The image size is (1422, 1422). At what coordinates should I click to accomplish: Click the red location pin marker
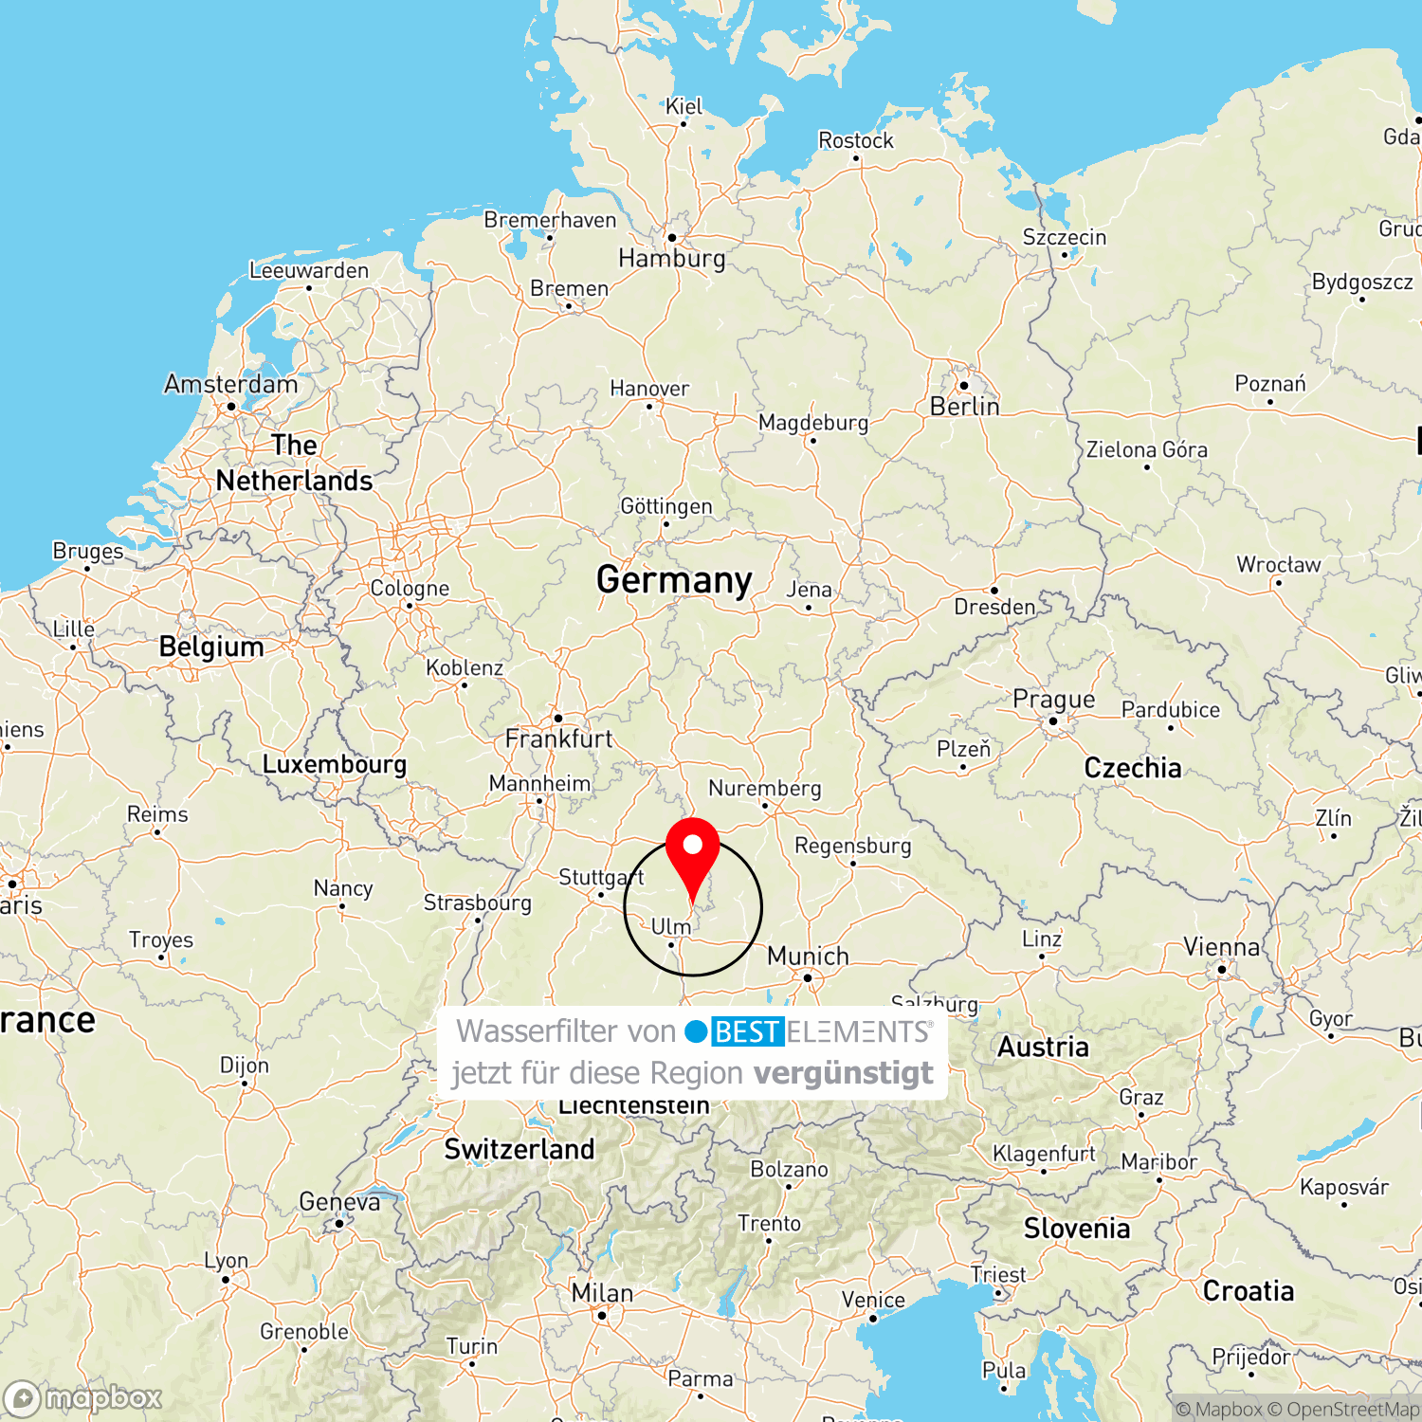[x=693, y=853]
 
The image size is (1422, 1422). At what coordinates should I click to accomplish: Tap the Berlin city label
[x=964, y=407]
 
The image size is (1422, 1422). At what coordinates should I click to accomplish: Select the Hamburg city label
[x=671, y=258]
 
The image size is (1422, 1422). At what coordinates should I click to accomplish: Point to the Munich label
[x=808, y=956]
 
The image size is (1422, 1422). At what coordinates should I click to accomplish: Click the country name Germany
[x=674, y=579]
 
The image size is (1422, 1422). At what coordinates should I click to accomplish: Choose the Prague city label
[x=1053, y=700]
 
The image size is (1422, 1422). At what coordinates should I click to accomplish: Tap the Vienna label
[x=1221, y=947]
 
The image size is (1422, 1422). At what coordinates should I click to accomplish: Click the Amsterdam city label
[x=230, y=384]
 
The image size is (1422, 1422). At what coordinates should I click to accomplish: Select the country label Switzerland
[x=520, y=1149]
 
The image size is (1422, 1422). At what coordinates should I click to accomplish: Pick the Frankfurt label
[x=558, y=738]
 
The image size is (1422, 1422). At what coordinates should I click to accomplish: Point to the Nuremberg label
[x=764, y=788]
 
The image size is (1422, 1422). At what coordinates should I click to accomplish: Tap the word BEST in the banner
[x=747, y=1031]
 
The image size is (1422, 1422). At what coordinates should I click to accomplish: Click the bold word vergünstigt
[x=844, y=1073]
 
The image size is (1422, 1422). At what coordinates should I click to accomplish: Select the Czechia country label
[x=1133, y=768]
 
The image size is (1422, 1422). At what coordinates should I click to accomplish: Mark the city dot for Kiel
[x=684, y=123]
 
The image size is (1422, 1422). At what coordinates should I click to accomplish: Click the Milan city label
[x=602, y=1293]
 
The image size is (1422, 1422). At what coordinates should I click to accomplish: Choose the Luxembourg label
[x=334, y=764]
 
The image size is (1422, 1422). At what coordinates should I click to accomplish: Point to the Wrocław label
[x=1278, y=565]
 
